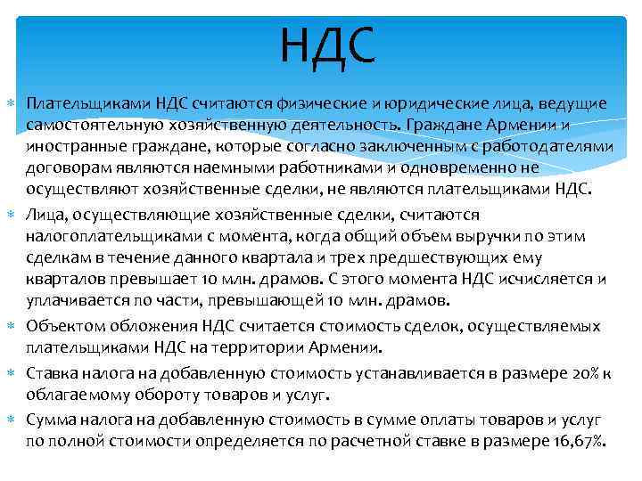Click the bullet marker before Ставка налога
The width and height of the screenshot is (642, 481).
tap(10, 372)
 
